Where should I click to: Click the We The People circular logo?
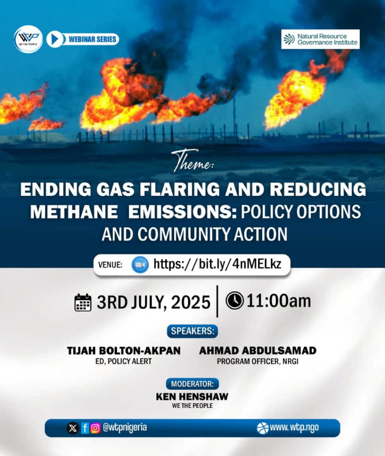28,39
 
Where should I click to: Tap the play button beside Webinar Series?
55,40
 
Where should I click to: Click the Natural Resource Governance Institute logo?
321,39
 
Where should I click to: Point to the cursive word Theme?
192,161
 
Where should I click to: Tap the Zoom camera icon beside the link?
140,265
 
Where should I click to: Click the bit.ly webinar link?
217,264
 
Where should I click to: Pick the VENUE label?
111,265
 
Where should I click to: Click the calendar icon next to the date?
83,302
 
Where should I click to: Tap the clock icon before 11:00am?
234,301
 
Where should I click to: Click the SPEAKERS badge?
192,331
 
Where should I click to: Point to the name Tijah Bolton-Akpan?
124,351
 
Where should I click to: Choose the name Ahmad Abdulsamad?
257,351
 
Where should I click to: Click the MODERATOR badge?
192,384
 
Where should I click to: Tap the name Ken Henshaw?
192,396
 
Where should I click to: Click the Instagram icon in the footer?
95,428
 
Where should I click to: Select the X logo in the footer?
72,428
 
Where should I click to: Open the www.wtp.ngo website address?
294,427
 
